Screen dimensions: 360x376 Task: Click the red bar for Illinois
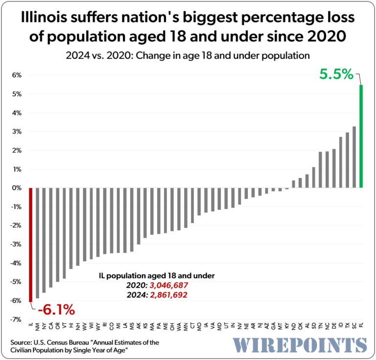tap(30, 245)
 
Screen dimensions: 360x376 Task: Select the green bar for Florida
tap(361, 136)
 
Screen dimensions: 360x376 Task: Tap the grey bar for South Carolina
tap(354, 157)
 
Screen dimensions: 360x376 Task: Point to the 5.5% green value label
tap(336, 74)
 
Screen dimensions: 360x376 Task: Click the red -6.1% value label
tap(56, 309)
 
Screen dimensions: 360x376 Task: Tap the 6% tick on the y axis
tap(17, 75)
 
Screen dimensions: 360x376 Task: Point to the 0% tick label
tap(17, 188)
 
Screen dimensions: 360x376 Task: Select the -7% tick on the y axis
tap(16, 319)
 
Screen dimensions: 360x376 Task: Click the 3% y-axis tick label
tap(17, 132)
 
